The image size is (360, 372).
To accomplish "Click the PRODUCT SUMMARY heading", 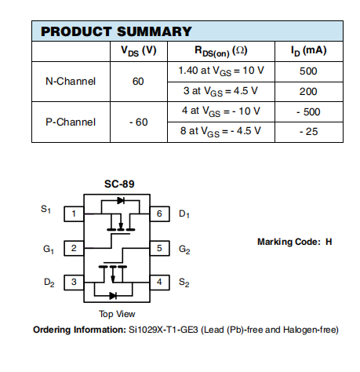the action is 116,31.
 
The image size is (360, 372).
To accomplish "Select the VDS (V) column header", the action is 139,51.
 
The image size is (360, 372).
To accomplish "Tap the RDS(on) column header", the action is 221,51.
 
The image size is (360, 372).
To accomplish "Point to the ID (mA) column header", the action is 309,51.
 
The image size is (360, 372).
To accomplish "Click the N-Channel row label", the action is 71,82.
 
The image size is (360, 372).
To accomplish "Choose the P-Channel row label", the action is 71,122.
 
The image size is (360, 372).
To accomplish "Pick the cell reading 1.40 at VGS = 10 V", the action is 221,71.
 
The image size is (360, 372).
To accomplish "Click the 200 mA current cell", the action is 308,92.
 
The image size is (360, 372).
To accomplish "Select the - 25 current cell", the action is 309,132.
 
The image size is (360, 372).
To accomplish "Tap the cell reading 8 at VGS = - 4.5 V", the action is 220,131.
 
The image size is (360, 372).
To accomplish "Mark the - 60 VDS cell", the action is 139,122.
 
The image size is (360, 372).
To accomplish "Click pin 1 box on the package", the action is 74,214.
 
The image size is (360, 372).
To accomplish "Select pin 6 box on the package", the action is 159,214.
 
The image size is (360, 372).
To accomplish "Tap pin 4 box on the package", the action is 159,283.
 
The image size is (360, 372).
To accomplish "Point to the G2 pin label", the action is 184,249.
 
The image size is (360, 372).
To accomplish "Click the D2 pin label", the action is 49,283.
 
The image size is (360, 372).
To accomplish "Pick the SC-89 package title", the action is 119,184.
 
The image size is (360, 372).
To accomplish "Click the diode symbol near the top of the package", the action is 121,201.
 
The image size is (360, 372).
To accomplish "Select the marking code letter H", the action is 329,242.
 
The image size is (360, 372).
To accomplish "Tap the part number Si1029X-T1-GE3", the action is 163,330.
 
